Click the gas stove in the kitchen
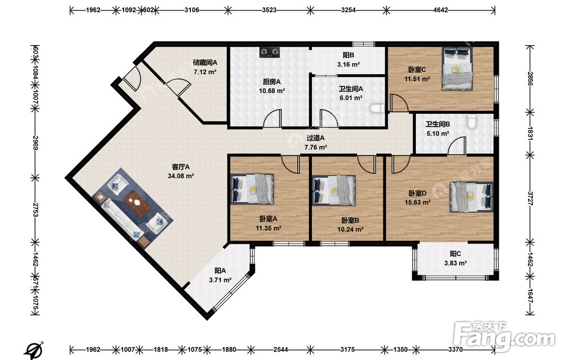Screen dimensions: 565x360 tap(270, 53)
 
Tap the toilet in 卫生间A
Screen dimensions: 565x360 tap(377, 108)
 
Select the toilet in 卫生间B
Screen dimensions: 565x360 tap(472, 122)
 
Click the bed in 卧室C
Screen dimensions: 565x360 tap(457, 69)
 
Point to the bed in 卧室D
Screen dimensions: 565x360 tap(471, 197)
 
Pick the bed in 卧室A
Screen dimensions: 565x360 tap(252, 189)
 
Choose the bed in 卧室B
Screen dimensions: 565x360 tap(334, 190)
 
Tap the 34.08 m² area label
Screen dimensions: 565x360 tap(181, 176)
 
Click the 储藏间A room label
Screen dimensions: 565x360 tap(205, 62)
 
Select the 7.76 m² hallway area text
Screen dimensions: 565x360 tap(316, 147)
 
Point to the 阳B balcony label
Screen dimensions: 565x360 tap(349, 55)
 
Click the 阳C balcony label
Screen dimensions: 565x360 tap(455, 254)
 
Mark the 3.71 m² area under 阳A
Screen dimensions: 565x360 tap(220, 280)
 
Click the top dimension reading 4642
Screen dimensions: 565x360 tap(440, 10)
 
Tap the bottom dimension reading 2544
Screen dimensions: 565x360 tap(280, 349)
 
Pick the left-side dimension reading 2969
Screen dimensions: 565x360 tap(35, 143)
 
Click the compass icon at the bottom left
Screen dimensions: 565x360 tap(34, 350)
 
